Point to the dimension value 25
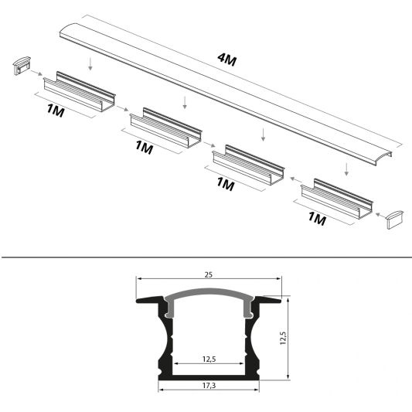[209, 273]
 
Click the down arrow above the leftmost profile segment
[90, 63]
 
